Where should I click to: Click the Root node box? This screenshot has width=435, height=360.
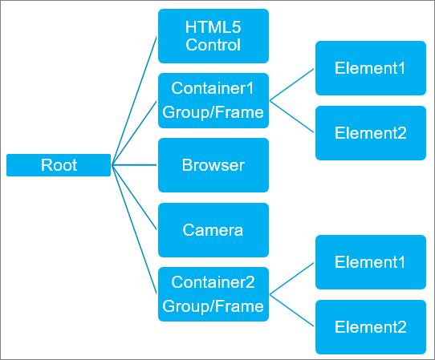59,165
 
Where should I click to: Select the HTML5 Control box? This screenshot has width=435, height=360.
213,36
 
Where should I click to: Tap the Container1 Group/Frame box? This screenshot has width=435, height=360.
213,100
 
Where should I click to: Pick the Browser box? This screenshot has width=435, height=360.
213,165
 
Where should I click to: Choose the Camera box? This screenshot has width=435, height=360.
213,230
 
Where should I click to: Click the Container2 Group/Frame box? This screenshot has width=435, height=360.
213,294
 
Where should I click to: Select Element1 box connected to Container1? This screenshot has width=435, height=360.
370,68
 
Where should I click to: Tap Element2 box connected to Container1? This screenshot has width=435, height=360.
370,132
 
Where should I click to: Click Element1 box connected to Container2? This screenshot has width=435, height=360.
370,262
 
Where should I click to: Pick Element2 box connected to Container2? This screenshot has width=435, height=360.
370,327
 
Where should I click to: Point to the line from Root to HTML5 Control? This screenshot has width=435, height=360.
135,100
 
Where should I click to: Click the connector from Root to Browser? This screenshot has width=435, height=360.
135,165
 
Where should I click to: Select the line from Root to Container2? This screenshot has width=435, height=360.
135,229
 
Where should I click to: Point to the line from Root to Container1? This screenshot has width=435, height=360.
135,133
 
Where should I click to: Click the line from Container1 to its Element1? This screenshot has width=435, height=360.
292,84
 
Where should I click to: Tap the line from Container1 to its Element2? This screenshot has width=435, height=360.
292,116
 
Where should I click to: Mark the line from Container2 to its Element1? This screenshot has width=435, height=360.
292,278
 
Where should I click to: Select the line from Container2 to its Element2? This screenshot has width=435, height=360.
292,311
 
